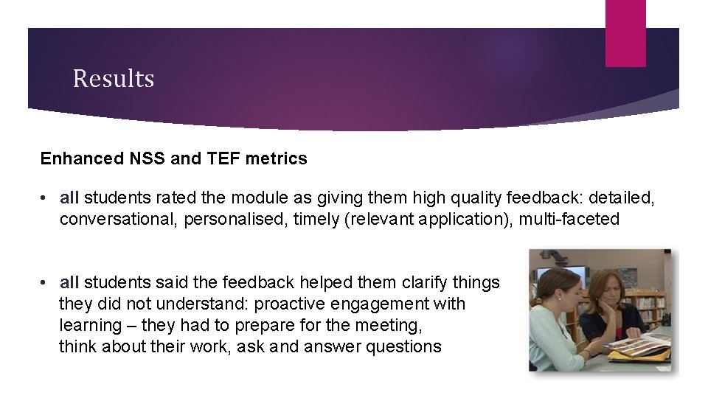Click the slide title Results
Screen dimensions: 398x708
point(114,78)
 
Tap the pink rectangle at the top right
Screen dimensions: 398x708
point(625,33)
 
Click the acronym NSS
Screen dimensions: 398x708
point(141,158)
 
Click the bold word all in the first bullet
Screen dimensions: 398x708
point(69,198)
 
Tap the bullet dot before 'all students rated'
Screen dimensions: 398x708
point(46,199)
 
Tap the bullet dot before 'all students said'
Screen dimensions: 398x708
point(46,283)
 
